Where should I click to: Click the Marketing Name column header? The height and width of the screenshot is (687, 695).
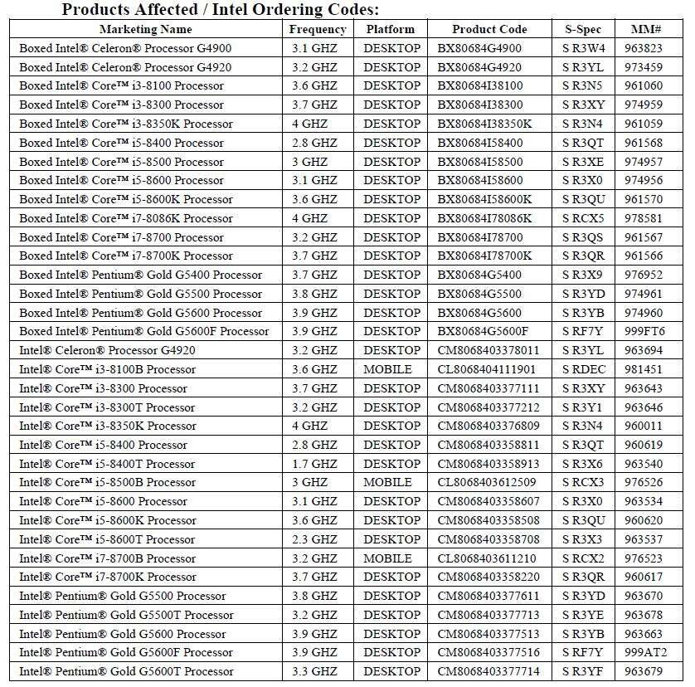(x=145, y=29)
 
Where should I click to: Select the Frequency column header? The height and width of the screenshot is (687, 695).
(x=318, y=29)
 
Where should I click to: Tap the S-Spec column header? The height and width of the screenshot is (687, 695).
(x=581, y=29)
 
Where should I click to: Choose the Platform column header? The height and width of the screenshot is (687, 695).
(x=390, y=29)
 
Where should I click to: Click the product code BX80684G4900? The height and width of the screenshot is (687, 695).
(x=480, y=48)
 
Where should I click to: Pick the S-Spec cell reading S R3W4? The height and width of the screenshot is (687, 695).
(x=583, y=48)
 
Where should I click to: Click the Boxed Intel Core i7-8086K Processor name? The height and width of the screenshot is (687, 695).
(x=126, y=218)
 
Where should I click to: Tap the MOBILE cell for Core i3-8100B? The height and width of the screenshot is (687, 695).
(x=387, y=369)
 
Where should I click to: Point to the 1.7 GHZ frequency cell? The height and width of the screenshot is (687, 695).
(x=314, y=464)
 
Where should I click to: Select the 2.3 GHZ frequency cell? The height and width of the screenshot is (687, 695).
(x=314, y=539)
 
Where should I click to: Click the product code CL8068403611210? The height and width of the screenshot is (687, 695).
(x=488, y=558)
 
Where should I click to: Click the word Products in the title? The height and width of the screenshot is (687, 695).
(x=98, y=10)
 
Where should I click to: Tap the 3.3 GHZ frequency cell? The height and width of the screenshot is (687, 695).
(x=314, y=671)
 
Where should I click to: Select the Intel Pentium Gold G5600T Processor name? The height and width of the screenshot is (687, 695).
(x=126, y=671)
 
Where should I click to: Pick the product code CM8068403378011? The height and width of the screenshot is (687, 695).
(x=488, y=350)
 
